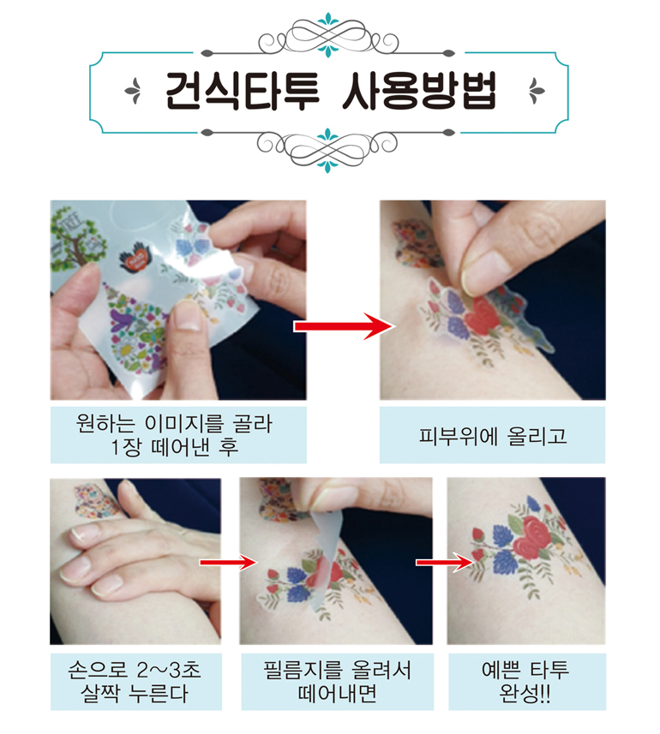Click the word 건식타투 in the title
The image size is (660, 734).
[x=243, y=91]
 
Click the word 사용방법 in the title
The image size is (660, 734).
[x=419, y=91]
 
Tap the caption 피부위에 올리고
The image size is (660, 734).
[x=492, y=436]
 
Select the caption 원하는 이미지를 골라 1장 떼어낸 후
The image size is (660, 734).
[x=174, y=435]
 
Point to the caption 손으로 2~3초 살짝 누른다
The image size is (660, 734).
[x=135, y=682]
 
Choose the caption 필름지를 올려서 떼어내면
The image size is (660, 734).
[x=337, y=682]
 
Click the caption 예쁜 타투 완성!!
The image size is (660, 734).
[x=525, y=682]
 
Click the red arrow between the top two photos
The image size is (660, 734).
[x=345, y=325]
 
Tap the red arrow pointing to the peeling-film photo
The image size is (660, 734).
[x=228, y=561]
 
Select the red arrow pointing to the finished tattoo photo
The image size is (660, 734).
[x=445, y=562]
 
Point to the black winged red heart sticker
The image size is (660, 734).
[x=136, y=257]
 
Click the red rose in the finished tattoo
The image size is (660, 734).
[x=531, y=537]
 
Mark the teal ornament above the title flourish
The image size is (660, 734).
[x=328, y=20]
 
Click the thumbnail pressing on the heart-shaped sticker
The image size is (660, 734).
[x=186, y=318]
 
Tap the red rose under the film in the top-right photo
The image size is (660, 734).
[x=483, y=316]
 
